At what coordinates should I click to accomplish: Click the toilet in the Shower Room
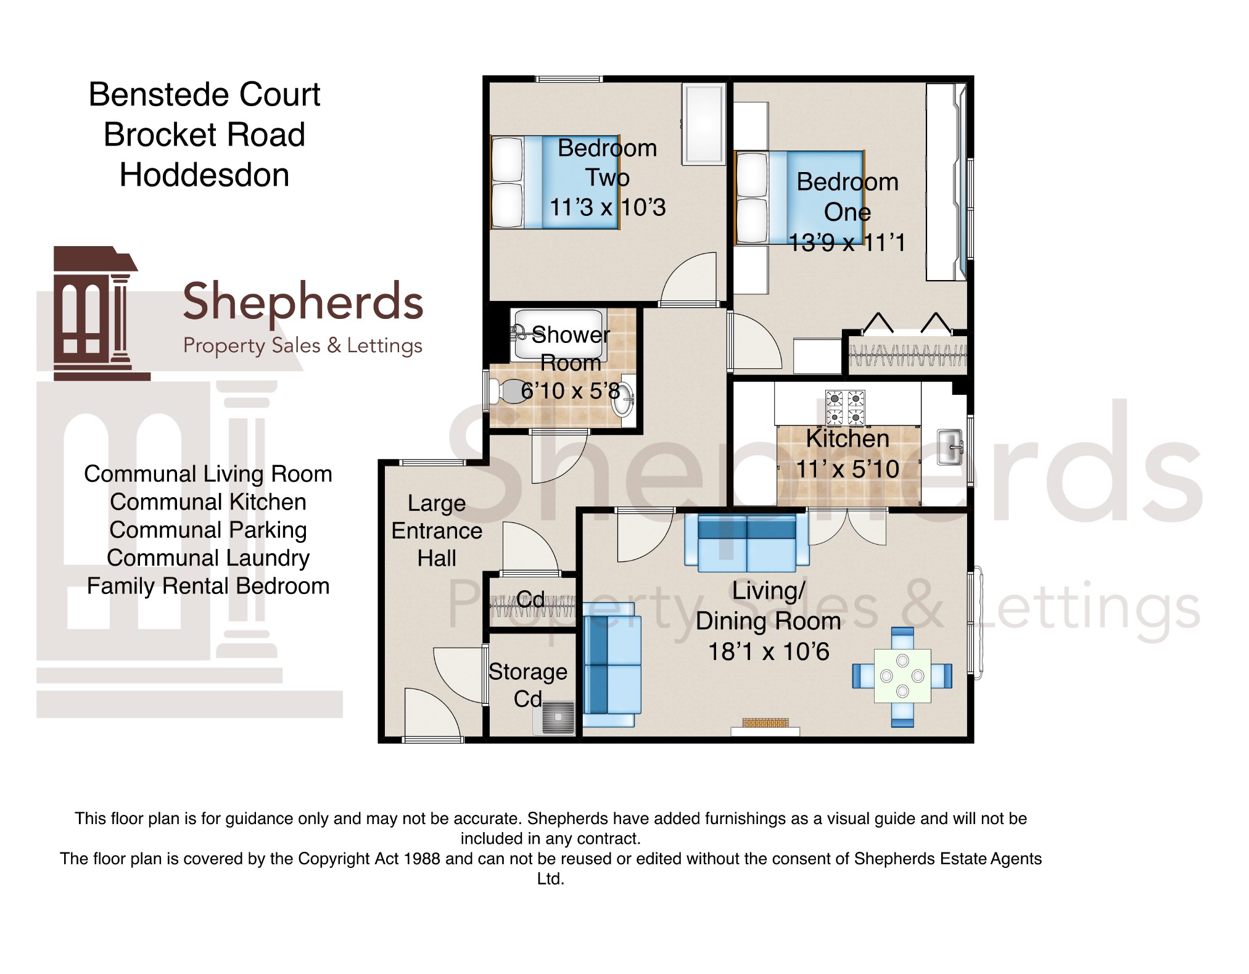(506, 391)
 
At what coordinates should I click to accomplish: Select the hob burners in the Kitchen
(845, 408)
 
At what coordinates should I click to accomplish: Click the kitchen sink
(950, 447)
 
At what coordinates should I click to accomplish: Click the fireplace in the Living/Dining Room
(765, 727)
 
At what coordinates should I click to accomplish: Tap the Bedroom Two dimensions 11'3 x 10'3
(608, 208)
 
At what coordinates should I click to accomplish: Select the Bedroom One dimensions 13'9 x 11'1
(847, 243)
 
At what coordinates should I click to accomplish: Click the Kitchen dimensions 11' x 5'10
(847, 469)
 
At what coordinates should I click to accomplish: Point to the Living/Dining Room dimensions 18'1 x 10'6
(769, 652)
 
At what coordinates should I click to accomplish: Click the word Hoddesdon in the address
(204, 175)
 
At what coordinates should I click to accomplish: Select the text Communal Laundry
(208, 558)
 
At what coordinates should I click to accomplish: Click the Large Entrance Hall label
(437, 531)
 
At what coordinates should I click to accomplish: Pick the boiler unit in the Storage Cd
(554, 718)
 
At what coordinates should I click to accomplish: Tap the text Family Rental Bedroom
(208, 586)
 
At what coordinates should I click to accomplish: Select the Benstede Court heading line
(204, 95)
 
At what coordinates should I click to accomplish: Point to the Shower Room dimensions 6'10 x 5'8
(571, 391)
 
